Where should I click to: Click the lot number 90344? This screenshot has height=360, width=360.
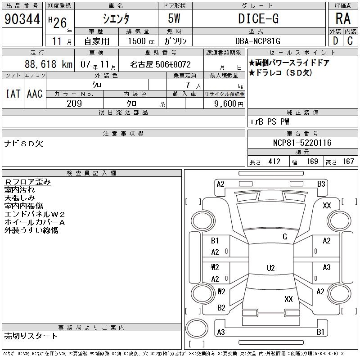[x=22, y=19]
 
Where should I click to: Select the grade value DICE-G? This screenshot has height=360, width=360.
[x=258, y=18]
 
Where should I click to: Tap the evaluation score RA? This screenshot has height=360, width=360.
[x=343, y=18]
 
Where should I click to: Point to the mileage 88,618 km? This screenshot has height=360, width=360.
[x=49, y=64]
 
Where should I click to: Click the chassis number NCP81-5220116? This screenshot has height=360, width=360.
[x=302, y=143]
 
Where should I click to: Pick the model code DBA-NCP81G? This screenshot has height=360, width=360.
[x=258, y=41]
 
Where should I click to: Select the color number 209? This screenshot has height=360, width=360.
[x=74, y=103]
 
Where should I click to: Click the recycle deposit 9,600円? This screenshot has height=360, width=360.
[x=229, y=104]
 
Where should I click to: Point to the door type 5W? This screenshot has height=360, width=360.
[x=174, y=18]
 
